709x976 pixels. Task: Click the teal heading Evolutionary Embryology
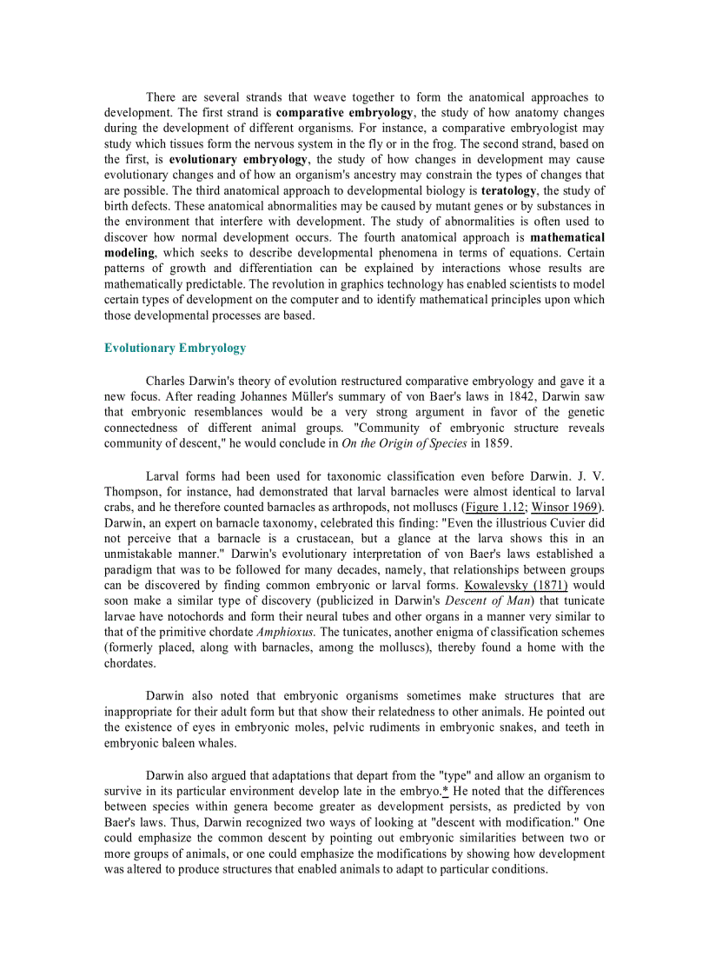(175, 349)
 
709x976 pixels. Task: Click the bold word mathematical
(567, 237)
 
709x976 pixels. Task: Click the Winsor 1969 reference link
(566, 508)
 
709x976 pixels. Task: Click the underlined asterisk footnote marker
(445, 792)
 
